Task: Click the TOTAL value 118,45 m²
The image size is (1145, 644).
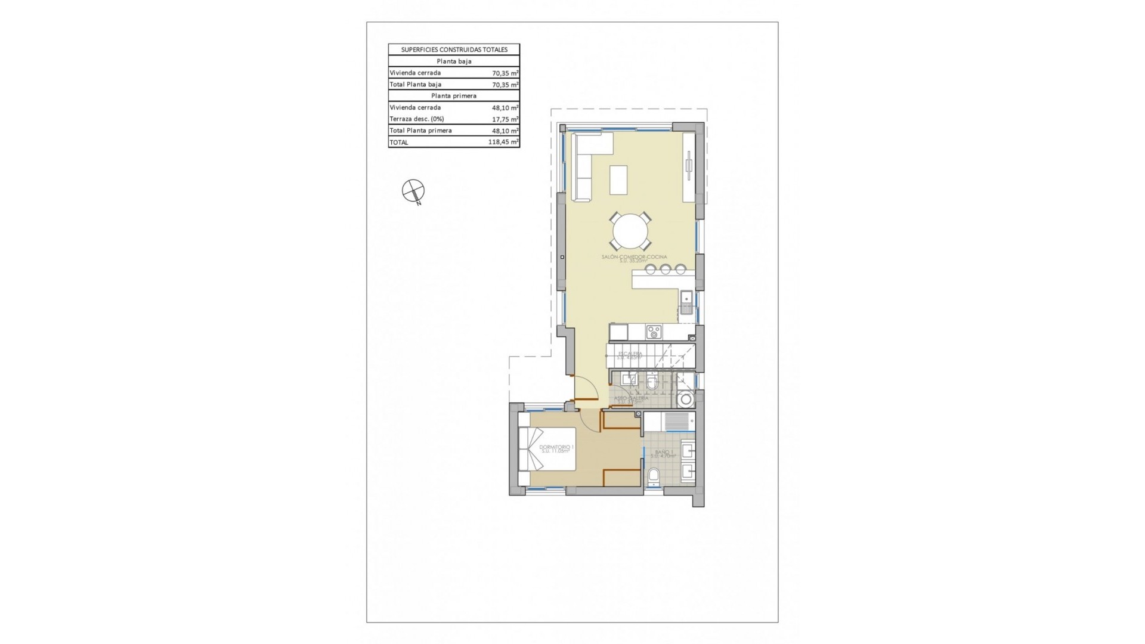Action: pyautogui.click(x=503, y=142)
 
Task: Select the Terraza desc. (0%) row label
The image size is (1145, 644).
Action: pyautogui.click(x=417, y=119)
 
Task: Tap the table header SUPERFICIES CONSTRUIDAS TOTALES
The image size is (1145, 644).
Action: pyautogui.click(x=454, y=49)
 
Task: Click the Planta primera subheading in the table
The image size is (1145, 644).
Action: pyautogui.click(x=454, y=95)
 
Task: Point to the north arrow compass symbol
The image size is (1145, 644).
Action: pyautogui.click(x=413, y=191)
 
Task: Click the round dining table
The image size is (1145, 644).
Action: pyautogui.click(x=630, y=231)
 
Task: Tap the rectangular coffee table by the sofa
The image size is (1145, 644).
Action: pyautogui.click(x=618, y=179)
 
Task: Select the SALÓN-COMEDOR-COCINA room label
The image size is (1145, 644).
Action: pyautogui.click(x=634, y=257)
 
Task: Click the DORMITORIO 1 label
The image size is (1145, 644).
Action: pyautogui.click(x=556, y=447)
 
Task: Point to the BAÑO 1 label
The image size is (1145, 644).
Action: pyautogui.click(x=663, y=453)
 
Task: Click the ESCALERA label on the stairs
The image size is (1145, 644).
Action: pyautogui.click(x=630, y=354)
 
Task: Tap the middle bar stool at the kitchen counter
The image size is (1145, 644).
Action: pyautogui.click(x=666, y=269)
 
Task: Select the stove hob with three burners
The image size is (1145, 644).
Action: pyautogui.click(x=654, y=332)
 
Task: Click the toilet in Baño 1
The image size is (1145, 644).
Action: pyautogui.click(x=653, y=476)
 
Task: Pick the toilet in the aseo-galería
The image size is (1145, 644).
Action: pyautogui.click(x=652, y=382)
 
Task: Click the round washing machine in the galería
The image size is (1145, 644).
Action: pyautogui.click(x=686, y=399)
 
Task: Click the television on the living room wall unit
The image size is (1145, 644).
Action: pyautogui.click(x=689, y=166)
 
